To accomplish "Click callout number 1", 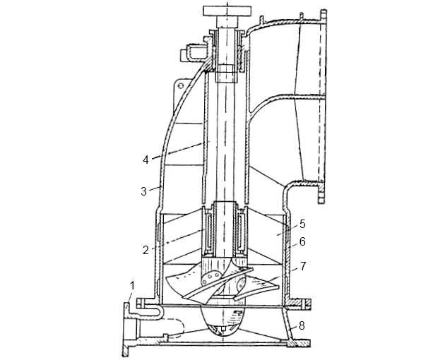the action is coord(133,286).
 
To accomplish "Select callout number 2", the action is coord(146,250).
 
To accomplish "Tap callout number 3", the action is coord(144,191).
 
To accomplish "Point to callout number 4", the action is coord(146,160).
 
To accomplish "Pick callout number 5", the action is coord(302,224).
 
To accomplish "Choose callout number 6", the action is coord(302,241).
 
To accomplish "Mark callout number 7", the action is coord(303,266).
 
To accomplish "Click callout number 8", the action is coord(302,325).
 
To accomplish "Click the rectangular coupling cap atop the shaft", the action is coord(227,11).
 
